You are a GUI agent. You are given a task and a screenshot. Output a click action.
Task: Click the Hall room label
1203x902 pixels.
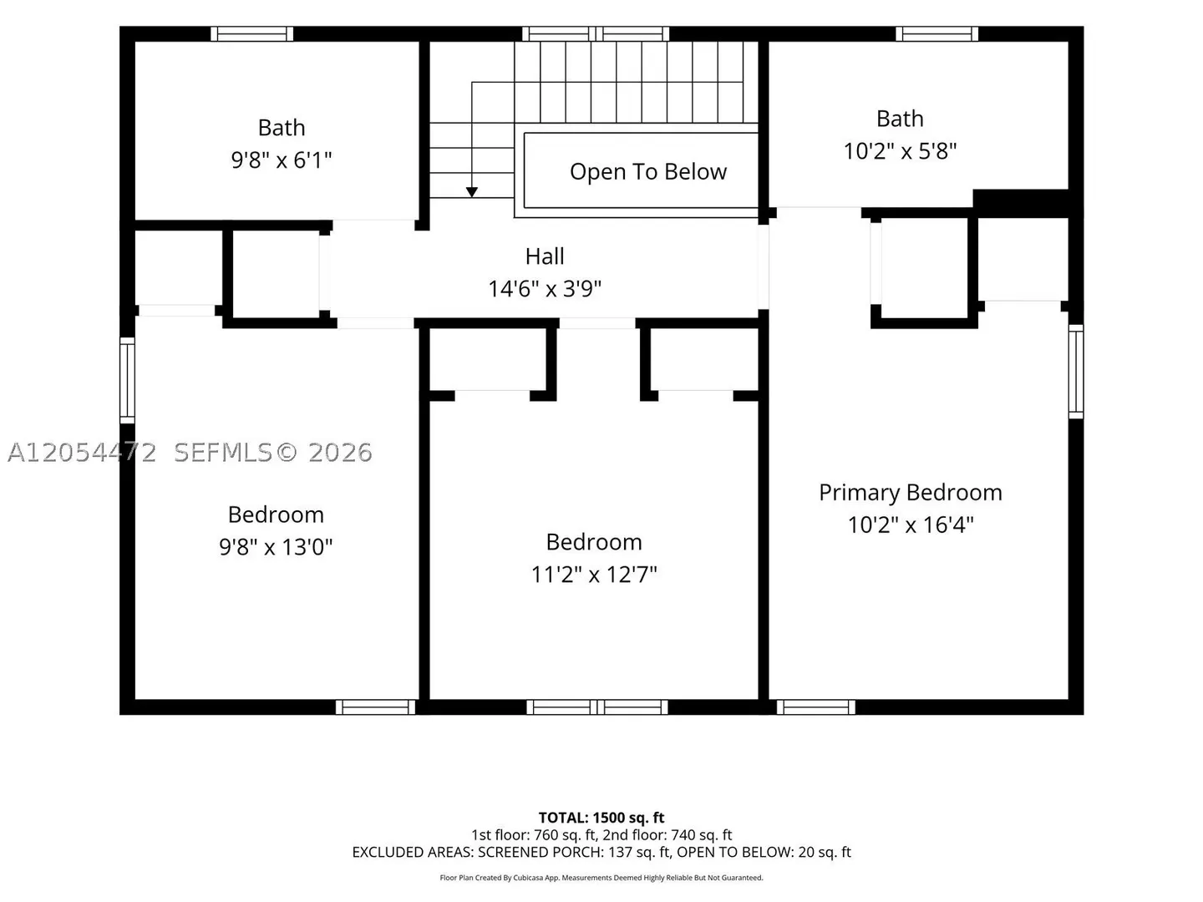tap(544, 256)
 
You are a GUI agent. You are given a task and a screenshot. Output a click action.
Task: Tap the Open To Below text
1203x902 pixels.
tap(647, 171)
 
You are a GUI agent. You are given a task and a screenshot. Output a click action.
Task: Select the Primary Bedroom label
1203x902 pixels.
tap(911, 493)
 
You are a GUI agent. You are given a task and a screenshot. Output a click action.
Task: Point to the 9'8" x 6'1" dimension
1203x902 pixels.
tap(282, 160)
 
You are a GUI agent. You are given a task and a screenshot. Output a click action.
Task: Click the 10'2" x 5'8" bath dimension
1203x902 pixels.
tap(900, 150)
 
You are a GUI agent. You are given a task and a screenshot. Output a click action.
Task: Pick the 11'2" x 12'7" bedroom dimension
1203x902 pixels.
tap(593, 575)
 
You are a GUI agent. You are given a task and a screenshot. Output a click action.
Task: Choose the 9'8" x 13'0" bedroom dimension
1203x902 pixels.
tap(276, 546)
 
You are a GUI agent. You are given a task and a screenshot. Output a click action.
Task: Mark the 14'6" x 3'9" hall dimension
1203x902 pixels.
tap(544, 289)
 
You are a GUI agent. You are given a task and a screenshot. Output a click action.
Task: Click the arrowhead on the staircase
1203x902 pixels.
tap(471, 192)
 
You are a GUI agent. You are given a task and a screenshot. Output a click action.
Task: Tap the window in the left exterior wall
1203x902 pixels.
tap(127, 380)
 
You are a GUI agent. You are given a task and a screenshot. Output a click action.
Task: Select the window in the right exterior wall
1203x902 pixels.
tap(1076, 372)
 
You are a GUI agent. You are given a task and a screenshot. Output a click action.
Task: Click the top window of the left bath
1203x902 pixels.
tap(252, 34)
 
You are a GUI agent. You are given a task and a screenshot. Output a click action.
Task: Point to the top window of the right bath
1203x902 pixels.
tap(937, 34)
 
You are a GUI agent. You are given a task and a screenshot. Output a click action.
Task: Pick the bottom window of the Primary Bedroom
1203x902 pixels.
tap(816, 707)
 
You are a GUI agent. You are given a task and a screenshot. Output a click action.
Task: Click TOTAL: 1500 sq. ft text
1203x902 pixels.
tap(601, 818)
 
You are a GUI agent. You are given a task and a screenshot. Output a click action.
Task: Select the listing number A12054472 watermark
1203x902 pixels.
tap(82, 453)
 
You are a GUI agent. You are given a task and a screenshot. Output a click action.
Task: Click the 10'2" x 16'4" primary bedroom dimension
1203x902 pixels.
tap(911, 524)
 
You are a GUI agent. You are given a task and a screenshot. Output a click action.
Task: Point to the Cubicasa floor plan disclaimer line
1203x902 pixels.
tap(601, 878)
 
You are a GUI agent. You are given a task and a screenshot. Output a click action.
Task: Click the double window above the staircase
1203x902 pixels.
tap(596, 34)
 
